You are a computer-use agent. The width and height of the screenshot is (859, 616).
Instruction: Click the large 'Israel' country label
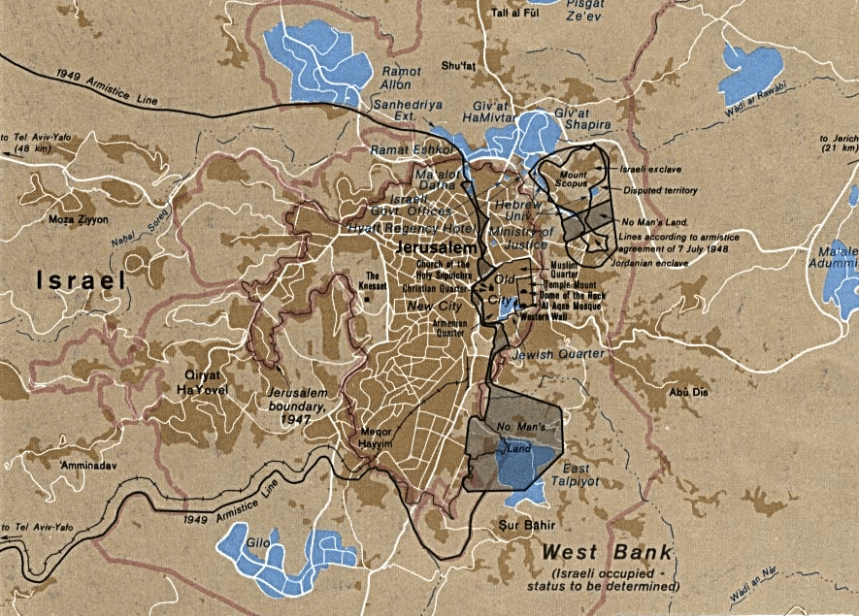coord(83,281)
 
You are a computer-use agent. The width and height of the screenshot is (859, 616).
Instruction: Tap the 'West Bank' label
coord(606,553)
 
